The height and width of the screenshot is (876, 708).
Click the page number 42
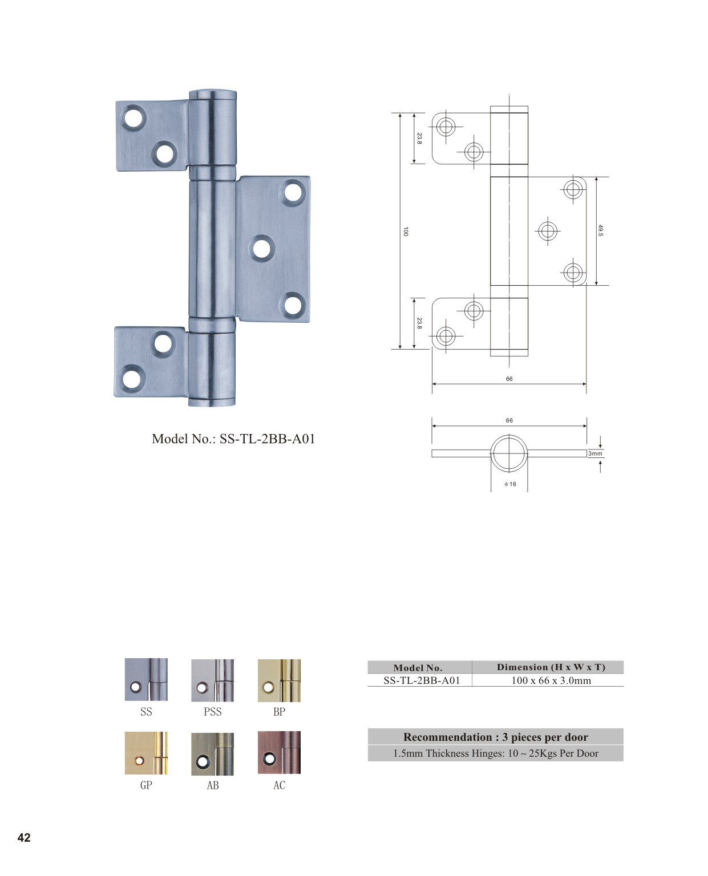(x=24, y=837)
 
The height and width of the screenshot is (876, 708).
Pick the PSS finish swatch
(x=212, y=680)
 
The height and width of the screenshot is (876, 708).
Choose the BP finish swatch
(x=279, y=680)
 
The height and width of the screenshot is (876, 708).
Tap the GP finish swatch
(x=146, y=753)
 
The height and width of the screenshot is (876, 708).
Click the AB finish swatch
(x=212, y=753)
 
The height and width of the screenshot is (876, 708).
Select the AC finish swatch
(x=279, y=752)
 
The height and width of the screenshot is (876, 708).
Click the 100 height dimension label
(x=406, y=231)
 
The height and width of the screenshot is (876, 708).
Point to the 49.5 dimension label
(x=600, y=230)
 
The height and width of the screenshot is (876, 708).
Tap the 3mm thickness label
(x=595, y=453)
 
